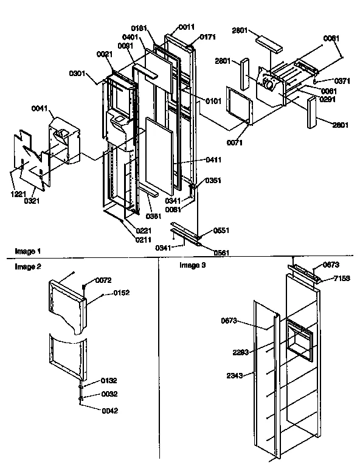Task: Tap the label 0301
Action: (x=78, y=75)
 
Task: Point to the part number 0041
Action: (x=40, y=110)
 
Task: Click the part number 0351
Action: (x=213, y=181)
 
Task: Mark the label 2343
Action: (x=235, y=375)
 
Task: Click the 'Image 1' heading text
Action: (x=27, y=251)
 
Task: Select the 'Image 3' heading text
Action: (x=192, y=265)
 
